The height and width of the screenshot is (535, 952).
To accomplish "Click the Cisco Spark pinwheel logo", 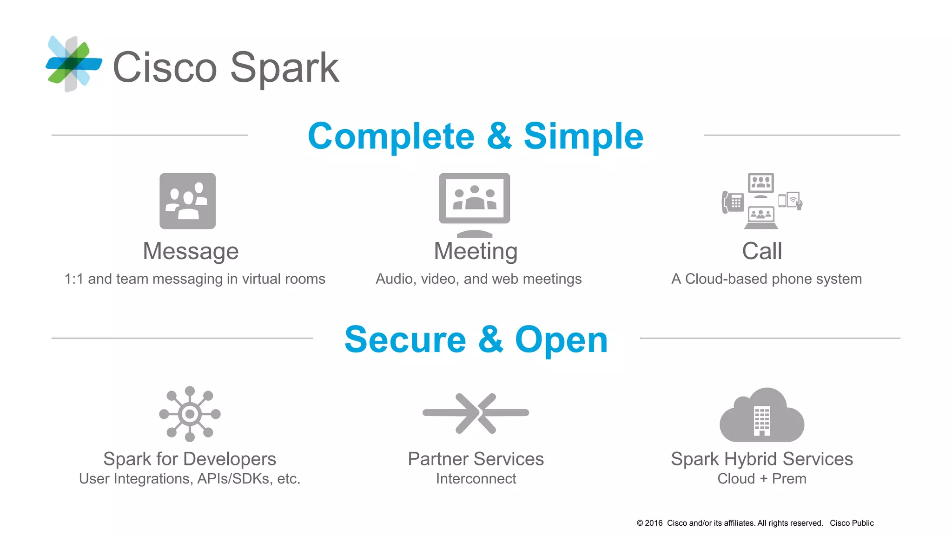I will point(73,64).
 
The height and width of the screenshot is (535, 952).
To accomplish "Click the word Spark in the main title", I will point(284,68).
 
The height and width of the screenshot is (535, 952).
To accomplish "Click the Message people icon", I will point(187,201).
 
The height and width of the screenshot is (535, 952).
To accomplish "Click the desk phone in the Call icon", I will point(733,202).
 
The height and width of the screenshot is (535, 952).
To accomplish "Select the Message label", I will point(191,251).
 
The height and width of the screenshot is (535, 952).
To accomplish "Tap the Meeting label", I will point(476,251).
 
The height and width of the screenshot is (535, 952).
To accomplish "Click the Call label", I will point(762,251).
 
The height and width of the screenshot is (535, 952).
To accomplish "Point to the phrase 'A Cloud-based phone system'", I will point(767,279).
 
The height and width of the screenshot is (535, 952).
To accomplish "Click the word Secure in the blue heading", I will point(405,339).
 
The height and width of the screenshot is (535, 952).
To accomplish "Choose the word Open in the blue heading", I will point(561,339).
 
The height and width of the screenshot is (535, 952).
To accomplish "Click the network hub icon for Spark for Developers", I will point(190,413).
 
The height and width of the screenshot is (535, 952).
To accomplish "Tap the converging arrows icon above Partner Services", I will point(476,413).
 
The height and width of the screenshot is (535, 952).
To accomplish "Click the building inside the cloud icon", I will point(762,421).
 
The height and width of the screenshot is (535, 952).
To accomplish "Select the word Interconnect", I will point(476,479).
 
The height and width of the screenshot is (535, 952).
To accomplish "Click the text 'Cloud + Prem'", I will point(762,479).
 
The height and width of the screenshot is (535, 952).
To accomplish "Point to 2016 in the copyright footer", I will point(654,523).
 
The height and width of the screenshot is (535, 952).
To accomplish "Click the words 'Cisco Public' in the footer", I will point(852,523).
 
